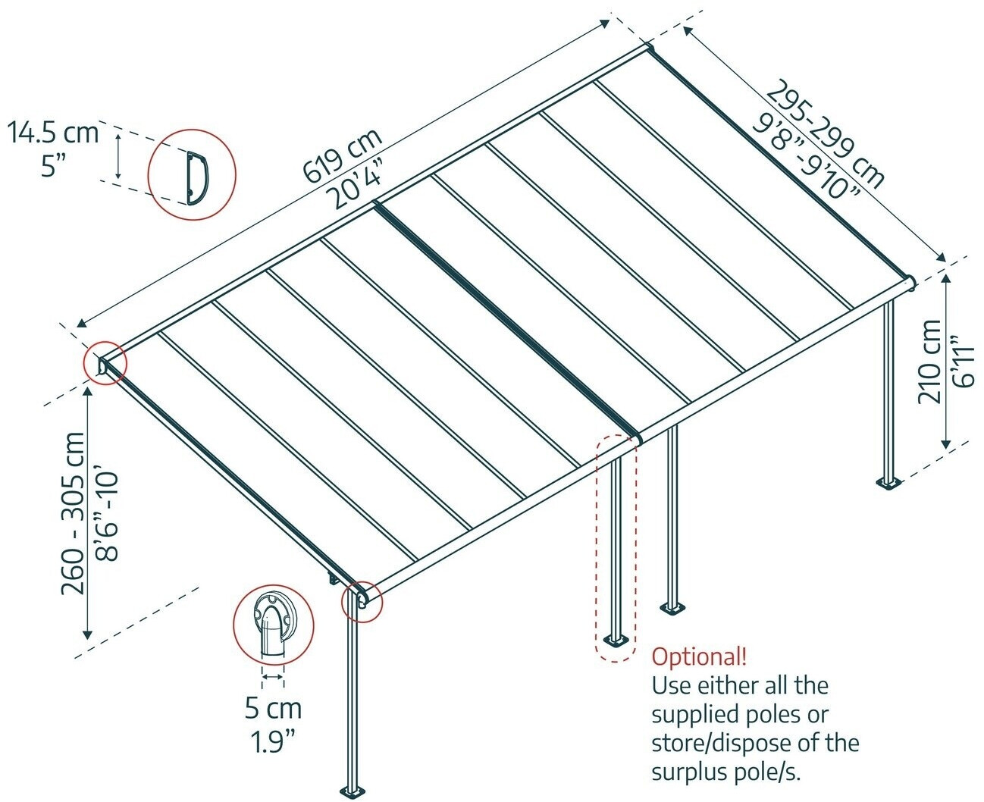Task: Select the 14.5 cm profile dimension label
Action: tap(53, 133)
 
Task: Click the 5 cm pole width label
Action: tap(273, 709)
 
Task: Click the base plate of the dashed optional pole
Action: tap(615, 642)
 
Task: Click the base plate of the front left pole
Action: tap(353, 791)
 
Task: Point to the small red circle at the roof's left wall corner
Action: tap(105, 363)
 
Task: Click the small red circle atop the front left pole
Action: tap(362, 602)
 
